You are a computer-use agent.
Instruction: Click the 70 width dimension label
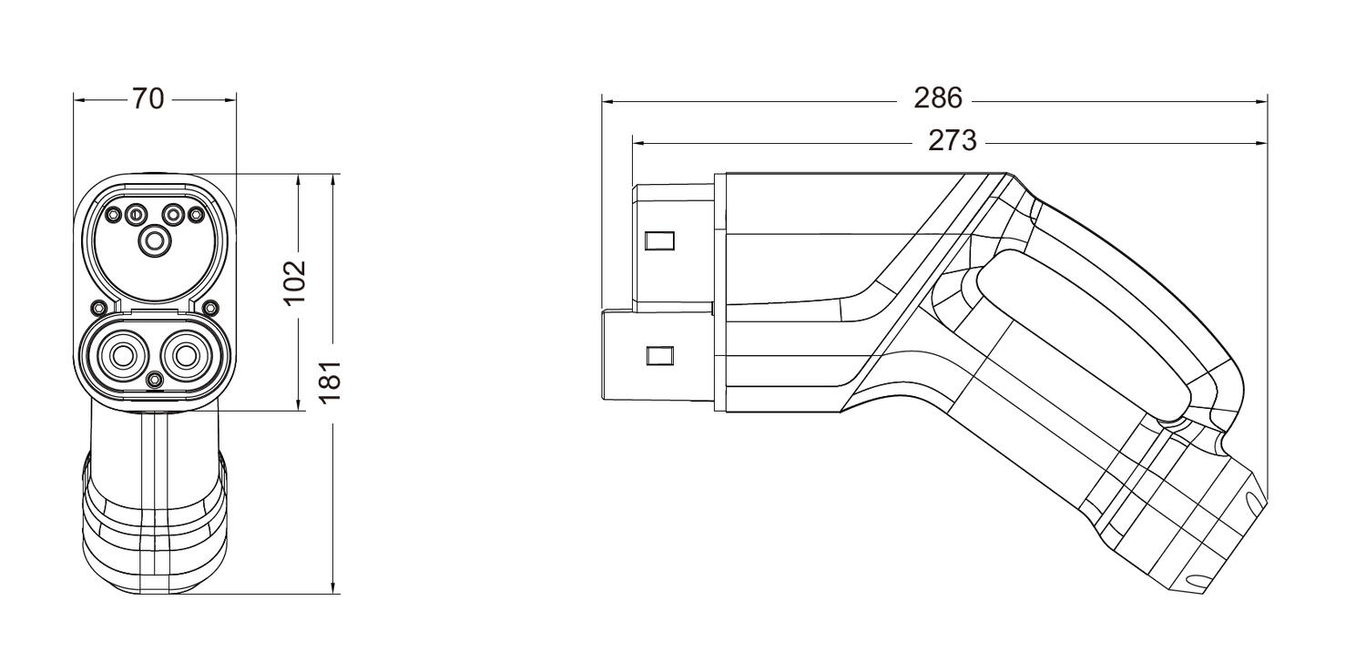(x=148, y=99)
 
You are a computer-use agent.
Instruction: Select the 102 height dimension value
(x=296, y=283)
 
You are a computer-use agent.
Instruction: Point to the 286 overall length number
(x=938, y=99)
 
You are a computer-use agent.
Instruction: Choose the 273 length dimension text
(x=952, y=141)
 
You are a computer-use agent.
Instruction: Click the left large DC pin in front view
(x=122, y=354)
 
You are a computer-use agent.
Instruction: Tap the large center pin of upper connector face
(x=154, y=240)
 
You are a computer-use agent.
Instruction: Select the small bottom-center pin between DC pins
(x=155, y=379)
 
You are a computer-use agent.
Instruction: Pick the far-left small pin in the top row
(x=114, y=215)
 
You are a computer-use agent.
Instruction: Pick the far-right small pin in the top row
(x=194, y=215)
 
